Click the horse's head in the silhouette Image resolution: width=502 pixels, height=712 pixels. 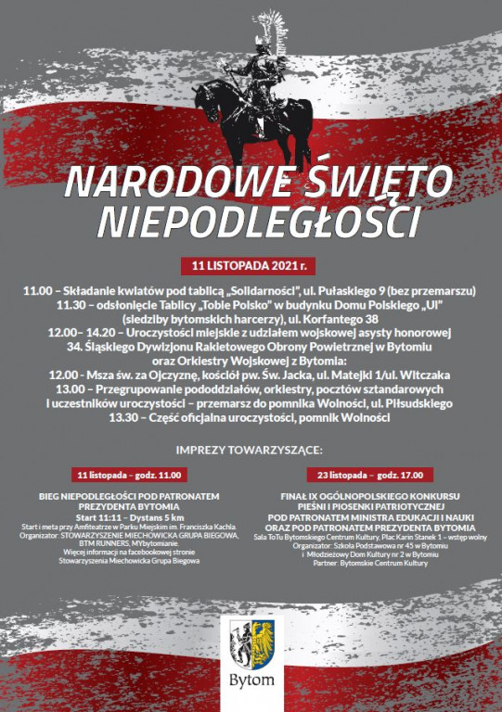[205, 92]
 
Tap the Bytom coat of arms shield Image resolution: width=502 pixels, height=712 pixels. [252, 644]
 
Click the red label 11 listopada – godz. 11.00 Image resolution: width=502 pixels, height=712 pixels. [130, 475]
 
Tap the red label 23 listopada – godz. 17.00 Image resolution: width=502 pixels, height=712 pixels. [369, 475]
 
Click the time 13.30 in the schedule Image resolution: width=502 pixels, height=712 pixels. [130, 417]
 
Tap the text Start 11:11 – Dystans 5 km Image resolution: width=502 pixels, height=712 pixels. [130, 517]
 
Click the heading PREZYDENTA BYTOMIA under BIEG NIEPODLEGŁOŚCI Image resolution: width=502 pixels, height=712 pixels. [130, 506]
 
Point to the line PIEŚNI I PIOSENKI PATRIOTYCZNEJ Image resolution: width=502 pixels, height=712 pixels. [369, 507]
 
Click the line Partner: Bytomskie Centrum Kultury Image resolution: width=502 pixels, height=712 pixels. [369, 563]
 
